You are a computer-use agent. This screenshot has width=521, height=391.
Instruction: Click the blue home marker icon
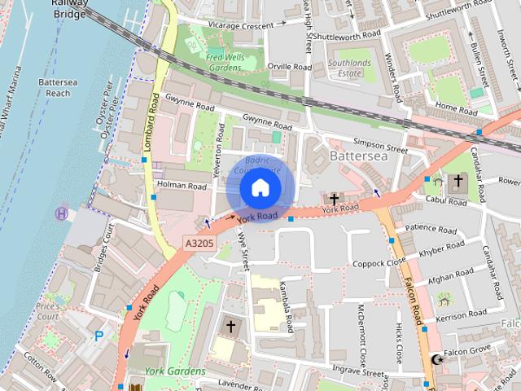(x=259, y=189)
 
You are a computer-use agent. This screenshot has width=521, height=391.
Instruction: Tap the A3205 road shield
(x=199, y=243)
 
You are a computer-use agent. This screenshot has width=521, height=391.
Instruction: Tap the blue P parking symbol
(x=99, y=335)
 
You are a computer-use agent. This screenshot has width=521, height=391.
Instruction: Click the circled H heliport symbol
(x=62, y=213)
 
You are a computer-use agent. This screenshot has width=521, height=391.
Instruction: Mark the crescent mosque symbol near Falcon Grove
(x=438, y=358)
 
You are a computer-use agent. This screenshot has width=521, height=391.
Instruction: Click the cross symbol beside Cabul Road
(x=458, y=180)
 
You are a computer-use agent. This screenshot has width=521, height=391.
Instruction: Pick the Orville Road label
(x=291, y=67)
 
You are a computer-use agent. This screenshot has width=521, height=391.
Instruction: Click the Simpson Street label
(x=379, y=150)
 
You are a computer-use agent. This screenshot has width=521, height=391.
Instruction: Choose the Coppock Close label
(x=379, y=263)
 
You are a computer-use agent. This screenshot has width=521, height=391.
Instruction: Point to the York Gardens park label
(x=175, y=371)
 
